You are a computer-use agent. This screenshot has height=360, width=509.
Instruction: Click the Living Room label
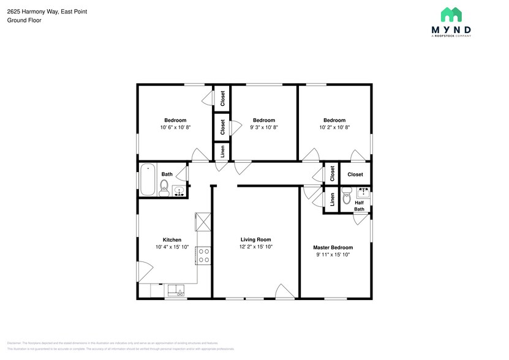[x=255, y=239]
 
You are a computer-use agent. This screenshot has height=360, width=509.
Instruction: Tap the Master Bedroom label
[x=333, y=247]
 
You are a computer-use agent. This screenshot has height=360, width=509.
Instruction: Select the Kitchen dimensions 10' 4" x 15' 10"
[x=172, y=247]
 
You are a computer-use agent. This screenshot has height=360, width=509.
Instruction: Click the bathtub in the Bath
[x=148, y=180]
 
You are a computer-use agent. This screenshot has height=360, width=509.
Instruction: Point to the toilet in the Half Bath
[x=347, y=197]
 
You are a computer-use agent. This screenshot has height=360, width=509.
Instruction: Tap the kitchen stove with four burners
[x=204, y=255]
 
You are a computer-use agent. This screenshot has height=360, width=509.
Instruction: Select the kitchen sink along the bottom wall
[x=175, y=291]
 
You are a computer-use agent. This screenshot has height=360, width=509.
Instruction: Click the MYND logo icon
[x=452, y=15]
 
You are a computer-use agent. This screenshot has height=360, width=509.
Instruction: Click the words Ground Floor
[x=23, y=20]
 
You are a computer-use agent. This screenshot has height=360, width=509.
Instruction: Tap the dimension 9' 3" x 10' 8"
[x=264, y=127]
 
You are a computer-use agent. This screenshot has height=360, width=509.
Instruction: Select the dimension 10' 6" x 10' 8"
[x=175, y=127]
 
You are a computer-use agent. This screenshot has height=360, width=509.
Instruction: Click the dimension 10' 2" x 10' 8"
[x=334, y=127]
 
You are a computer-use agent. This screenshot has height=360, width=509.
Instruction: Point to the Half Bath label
[x=359, y=206]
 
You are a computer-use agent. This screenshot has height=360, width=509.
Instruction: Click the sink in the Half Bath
[x=363, y=193]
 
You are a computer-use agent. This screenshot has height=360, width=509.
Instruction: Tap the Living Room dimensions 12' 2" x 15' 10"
[x=255, y=247]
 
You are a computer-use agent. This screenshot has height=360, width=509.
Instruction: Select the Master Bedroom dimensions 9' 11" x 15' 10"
[x=333, y=255]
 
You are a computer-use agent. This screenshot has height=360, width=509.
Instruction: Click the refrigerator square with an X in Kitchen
[x=203, y=221]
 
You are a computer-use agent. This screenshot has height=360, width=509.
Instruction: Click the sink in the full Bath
[x=179, y=191]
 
